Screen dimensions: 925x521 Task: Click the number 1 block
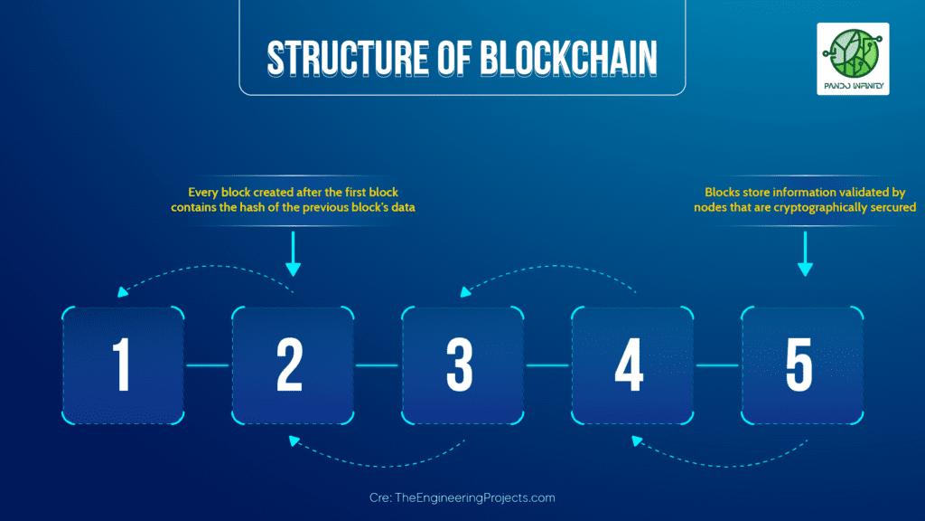point(122,365)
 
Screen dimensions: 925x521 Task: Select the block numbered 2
point(292,365)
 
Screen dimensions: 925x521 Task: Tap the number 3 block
point(462,365)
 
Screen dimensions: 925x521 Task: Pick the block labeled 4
point(631,365)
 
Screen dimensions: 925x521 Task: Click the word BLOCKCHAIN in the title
point(568,58)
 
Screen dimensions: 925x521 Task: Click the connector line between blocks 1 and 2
point(207,365)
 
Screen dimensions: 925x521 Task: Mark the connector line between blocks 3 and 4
point(547,365)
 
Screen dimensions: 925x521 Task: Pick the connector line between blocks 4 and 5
point(717,365)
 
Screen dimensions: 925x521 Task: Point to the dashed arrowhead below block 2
point(293,440)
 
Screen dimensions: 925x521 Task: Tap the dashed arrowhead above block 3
point(464,291)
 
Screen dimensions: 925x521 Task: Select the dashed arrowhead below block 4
point(636,440)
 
